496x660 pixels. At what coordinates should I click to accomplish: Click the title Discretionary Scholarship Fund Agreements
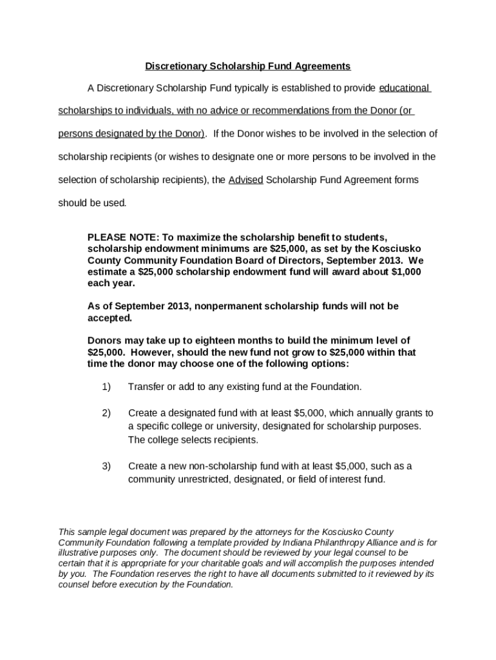(247, 66)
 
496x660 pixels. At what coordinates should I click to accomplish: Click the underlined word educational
(405, 88)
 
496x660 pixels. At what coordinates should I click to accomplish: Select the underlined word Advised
(245, 180)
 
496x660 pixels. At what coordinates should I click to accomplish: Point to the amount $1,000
(406, 272)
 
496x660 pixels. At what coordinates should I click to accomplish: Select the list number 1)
(106, 387)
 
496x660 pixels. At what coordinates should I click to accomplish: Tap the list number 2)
(106, 412)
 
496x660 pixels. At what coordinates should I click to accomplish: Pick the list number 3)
(106, 465)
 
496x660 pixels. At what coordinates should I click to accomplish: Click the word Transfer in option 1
(146, 387)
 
